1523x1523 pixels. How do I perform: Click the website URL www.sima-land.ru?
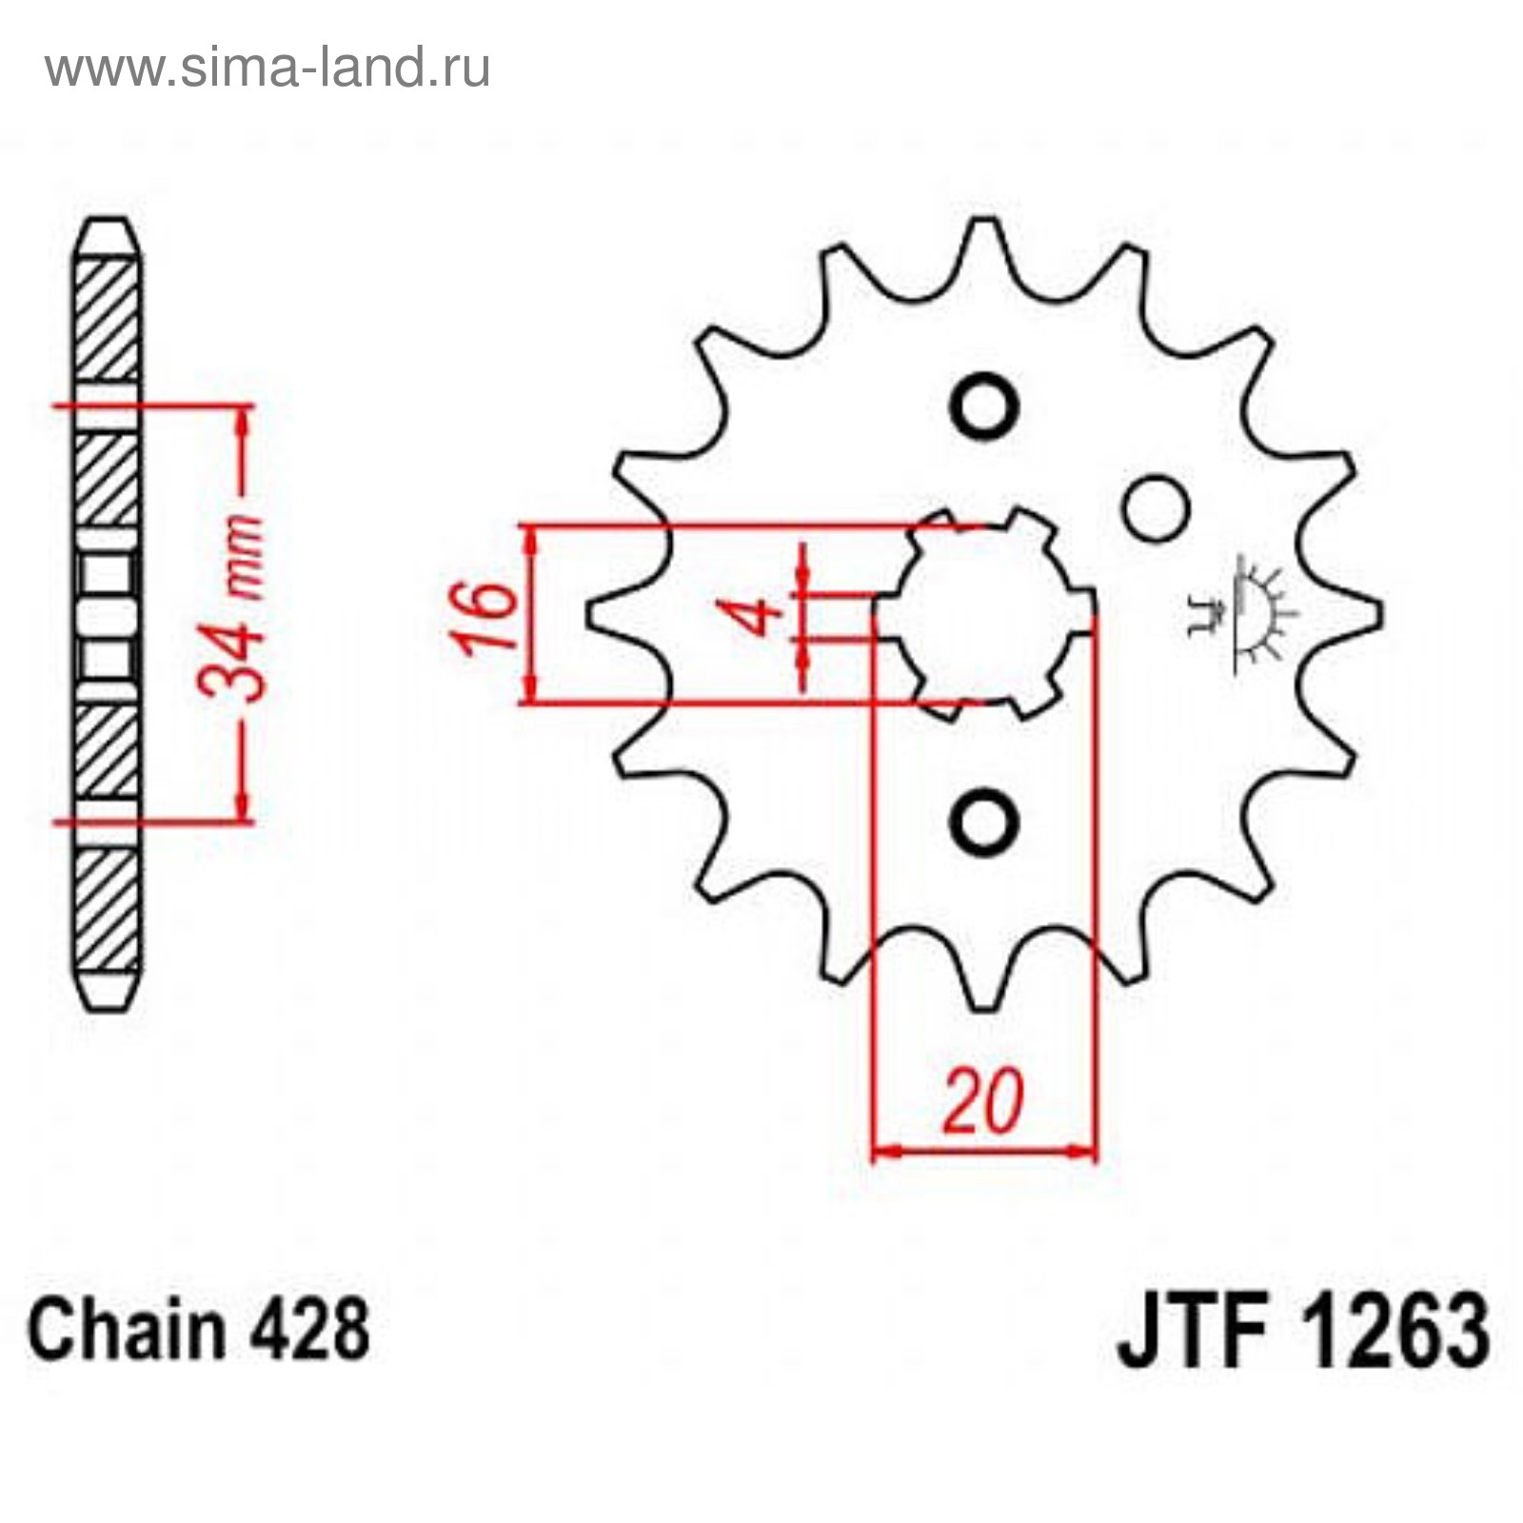(x=267, y=68)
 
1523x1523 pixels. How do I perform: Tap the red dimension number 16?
(x=485, y=618)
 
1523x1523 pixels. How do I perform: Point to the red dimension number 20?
(x=983, y=1102)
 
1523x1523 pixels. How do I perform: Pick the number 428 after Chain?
(x=308, y=1330)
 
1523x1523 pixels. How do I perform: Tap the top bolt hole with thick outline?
(x=984, y=407)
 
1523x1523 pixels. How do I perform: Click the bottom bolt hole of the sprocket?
(x=984, y=821)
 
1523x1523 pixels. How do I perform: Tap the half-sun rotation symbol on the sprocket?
(x=1247, y=614)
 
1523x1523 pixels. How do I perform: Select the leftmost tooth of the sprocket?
(x=609, y=614)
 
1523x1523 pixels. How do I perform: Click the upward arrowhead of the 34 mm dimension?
(x=245, y=424)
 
